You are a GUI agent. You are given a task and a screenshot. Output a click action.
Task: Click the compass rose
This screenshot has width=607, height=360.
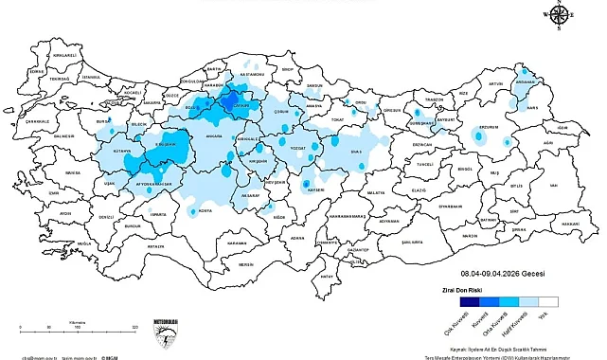[x=558, y=15]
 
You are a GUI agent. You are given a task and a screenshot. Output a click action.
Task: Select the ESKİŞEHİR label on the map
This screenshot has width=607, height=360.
[x=168, y=144]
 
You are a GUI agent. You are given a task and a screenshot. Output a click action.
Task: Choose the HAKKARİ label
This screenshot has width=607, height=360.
[x=569, y=224]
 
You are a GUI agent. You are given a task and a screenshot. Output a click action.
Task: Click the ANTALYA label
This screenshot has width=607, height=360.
[x=156, y=245]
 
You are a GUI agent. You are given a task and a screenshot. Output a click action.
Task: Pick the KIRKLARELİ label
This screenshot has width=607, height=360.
[x=63, y=56]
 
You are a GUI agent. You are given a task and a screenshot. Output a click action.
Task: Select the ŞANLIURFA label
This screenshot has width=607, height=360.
[x=412, y=242]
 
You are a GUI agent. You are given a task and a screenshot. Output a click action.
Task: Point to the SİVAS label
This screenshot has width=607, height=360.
[x=356, y=151]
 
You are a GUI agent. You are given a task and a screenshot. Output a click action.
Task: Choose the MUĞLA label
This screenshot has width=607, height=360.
[x=85, y=243]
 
